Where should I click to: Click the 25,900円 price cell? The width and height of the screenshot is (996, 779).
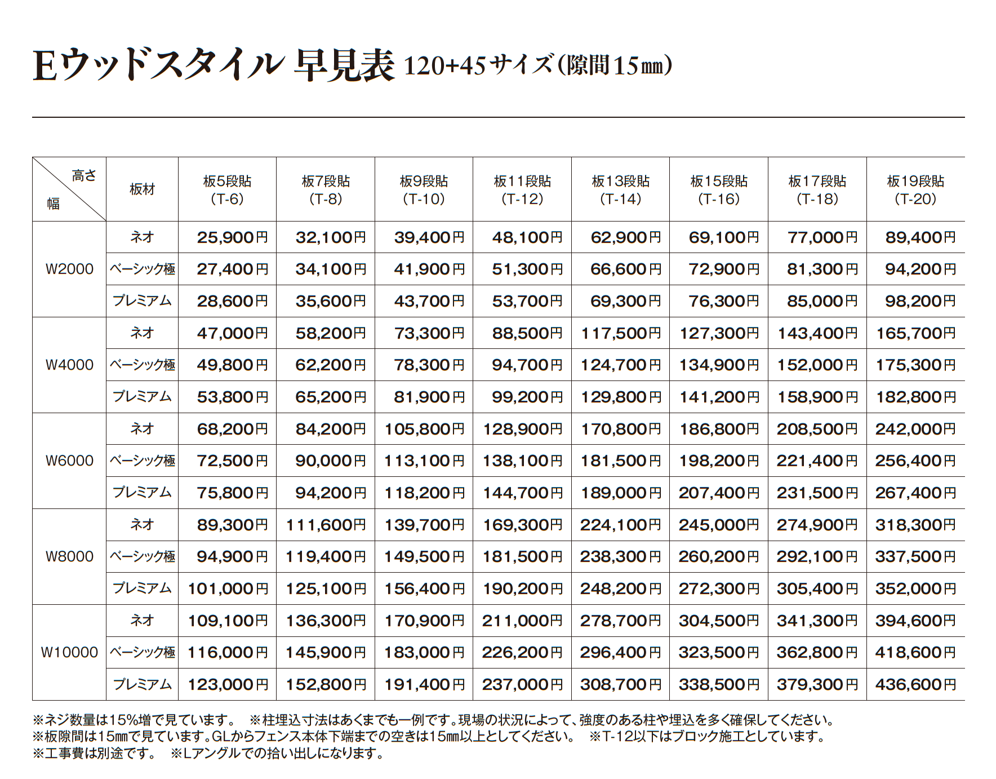pyautogui.click(x=232, y=237)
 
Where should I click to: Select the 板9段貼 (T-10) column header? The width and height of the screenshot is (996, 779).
pyautogui.click(x=424, y=189)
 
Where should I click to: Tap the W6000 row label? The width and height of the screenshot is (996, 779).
pyautogui.click(x=69, y=461)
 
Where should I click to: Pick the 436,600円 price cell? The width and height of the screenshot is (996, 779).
pyautogui.click(x=915, y=684)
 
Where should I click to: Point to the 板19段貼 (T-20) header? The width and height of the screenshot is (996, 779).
pyautogui.click(x=915, y=189)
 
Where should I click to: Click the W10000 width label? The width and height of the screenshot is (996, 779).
pyautogui.click(x=69, y=652)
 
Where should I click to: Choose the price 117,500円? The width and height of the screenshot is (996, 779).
pyautogui.click(x=620, y=333)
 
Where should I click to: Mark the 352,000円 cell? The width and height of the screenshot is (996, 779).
pyautogui.click(x=915, y=588)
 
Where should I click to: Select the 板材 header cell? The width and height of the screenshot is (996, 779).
pyautogui.click(x=142, y=189)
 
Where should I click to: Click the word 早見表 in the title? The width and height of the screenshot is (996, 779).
pyautogui.click(x=344, y=66)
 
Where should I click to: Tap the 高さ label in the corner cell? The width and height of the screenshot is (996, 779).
pyautogui.click(x=84, y=176)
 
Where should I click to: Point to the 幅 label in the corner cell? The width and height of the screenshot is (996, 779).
pyautogui.click(x=54, y=203)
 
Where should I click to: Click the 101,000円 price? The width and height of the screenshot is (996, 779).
pyautogui.click(x=228, y=588)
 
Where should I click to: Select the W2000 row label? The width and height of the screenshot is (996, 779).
pyautogui.click(x=69, y=269)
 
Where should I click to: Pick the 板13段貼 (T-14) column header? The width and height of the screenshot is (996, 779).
pyautogui.click(x=620, y=189)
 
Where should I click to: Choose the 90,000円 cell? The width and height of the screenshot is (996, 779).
pyautogui.click(x=331, y=461)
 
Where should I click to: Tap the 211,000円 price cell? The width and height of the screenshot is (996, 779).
pyautogui.click(x=522, y=621)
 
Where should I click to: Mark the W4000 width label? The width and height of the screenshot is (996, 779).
pyautogui.click(x=69, y=365)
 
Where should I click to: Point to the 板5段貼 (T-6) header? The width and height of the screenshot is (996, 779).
pyautogui.click(x=227, y=189)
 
